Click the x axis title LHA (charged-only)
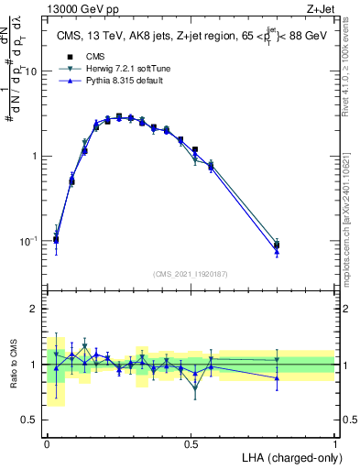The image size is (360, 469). click(288, 457)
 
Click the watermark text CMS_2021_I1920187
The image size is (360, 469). click(191, 274)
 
